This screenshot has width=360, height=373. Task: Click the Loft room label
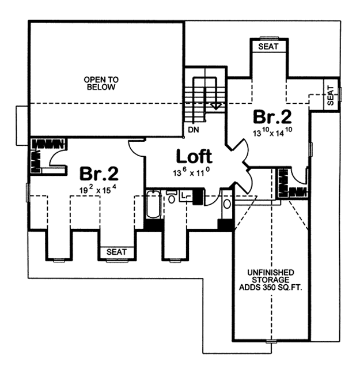pyautogui.click(x=194, y=156)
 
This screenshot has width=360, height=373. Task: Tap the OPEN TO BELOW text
pyautogui.click(x=101, y=83)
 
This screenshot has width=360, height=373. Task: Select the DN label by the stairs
pyautogui.click(x=194, y=130)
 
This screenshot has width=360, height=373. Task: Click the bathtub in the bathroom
pyautogui.click(x=153, y=204)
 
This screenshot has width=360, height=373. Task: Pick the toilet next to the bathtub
pyautogui.click(x=171, y=197)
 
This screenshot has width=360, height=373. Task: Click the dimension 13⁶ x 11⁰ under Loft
pyautogui.click(x=192, y=172)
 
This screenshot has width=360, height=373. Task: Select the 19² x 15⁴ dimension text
pyautogui.click(x=98, y=189)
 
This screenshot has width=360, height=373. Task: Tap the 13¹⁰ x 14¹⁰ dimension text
pyautogui.click(x=272, y=132)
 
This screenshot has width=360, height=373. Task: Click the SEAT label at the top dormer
pyautogui.click(x=268, y=46)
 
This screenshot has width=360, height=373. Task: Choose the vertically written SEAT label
pyautogui.click(x=331, y=96)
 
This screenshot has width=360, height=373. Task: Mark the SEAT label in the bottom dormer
pyautogui.click(x=116, y=252)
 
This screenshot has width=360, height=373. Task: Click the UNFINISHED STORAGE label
pyautogui.click(x=271, y=276)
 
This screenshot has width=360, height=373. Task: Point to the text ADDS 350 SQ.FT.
pyautogui.click(x=270, y=287)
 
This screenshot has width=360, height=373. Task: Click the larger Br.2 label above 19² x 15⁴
pyautogui.click(x=99, y=174)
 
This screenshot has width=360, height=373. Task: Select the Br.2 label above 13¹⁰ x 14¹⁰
pyautogui.click(x=272, y=117)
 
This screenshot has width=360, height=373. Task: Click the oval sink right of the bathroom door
pyautogui.click(x=227, y=204)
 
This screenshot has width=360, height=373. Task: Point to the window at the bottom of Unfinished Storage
pyautogui.click(x=271, y=342)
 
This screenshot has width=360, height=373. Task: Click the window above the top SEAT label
pyautogui.click(x=269, y=37)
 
